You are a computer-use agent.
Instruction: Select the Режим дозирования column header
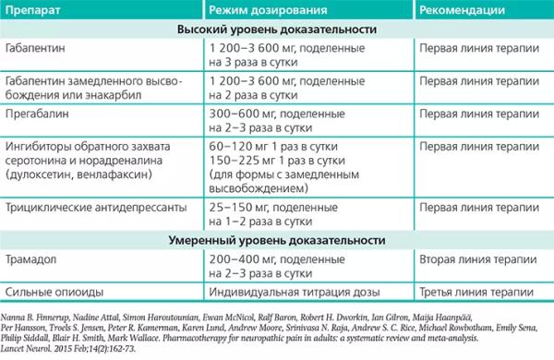[262, 10]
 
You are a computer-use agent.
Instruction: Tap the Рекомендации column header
[461, 10]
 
